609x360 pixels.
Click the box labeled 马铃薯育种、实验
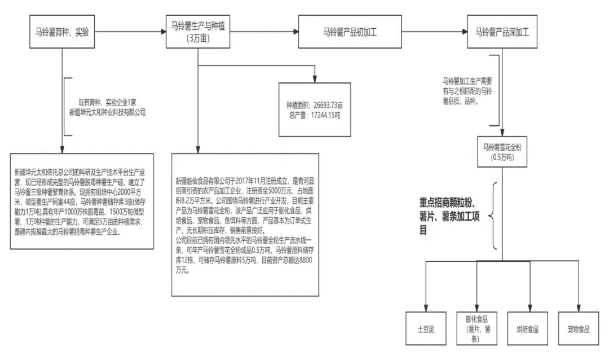(61, 32)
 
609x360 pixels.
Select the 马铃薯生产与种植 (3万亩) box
(198, 32)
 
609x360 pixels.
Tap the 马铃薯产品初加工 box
(350, 32)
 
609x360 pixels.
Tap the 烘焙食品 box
(527, 328)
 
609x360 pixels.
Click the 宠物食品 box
(578, 328)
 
